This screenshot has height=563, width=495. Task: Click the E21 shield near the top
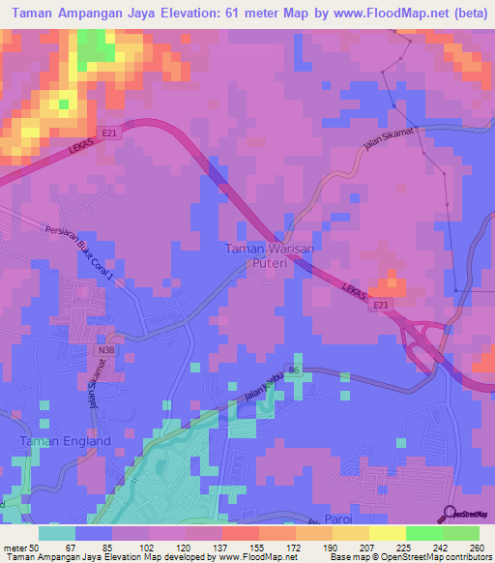click(113, 134)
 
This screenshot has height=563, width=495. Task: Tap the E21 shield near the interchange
click(384, 306)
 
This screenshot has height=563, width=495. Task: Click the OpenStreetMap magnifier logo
click(451, 513)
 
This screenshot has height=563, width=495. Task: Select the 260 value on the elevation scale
click(476, 548)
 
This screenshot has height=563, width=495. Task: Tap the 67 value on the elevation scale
click(71, 548)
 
